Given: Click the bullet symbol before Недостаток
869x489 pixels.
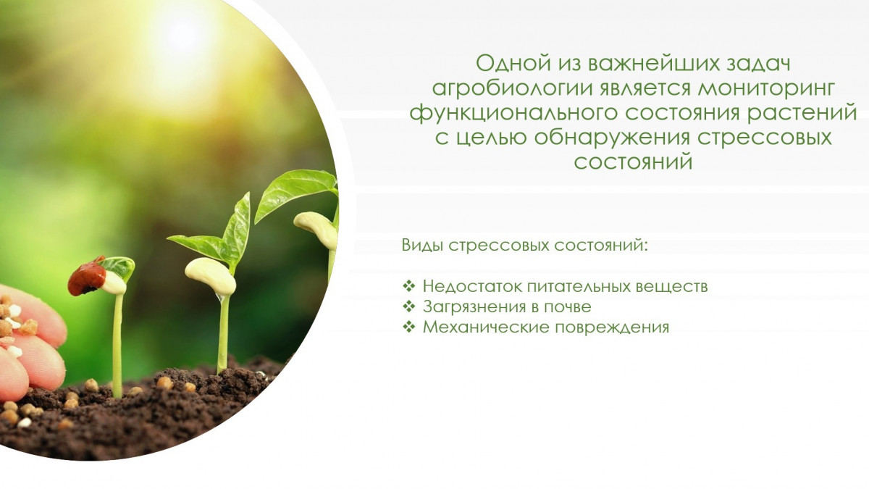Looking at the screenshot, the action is click(x=409, y=286).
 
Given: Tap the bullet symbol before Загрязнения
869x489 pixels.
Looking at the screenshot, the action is click(x=409, y=306).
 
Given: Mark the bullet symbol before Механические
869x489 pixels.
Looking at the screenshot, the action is click(x=409, y=327).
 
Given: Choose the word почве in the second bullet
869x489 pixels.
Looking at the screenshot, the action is click(x=568, y=307).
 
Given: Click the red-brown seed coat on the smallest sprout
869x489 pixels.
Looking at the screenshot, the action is click(x=87, y=276).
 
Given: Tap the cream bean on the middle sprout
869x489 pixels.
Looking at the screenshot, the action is click(x=210, y=276).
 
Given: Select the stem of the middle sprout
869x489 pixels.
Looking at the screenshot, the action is click(x=223, y=335).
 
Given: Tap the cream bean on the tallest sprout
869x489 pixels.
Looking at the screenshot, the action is click(x=316, y=230).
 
